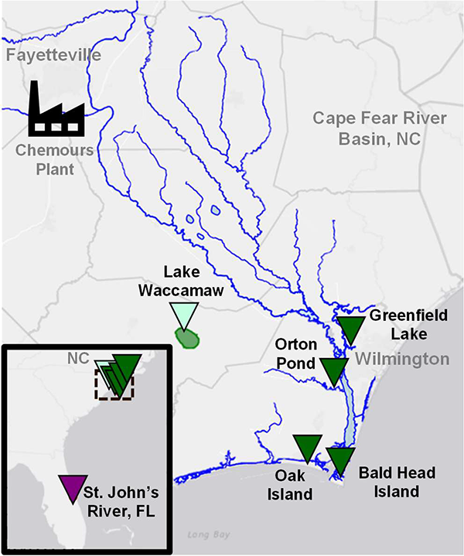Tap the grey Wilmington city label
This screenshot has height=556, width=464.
click(x=402, y=360)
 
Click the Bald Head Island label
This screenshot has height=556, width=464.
click(x=397, y=482)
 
